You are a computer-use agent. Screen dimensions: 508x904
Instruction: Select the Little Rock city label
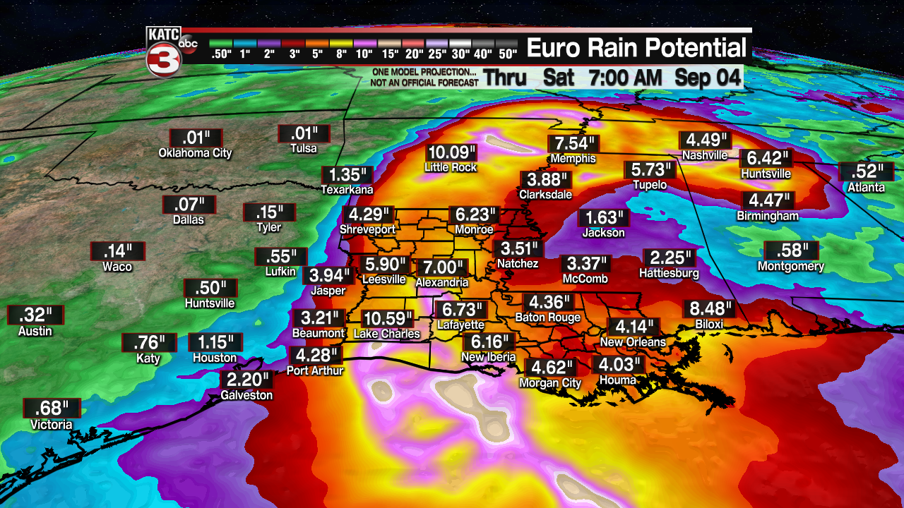pyautogui.click(x=451, y=167)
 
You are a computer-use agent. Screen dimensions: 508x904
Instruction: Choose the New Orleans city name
pyautogui.click(x=633, y=342)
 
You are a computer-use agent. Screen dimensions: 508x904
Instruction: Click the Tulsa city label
pyautogui.click(x=304, y=149)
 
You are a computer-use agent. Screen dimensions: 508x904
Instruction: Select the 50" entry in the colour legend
pyautogui.click(x=508, y=54)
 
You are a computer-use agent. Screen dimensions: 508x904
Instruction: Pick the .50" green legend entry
pyautogui.click(x=221, y=54)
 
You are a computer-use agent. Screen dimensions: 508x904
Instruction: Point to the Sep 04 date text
pyautogui.click(x=708, y=77)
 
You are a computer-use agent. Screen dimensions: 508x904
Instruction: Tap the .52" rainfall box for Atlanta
pyautogui.click(x=867, y=171)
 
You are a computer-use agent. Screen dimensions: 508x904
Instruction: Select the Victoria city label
pyautogui.click(x=51, y=425)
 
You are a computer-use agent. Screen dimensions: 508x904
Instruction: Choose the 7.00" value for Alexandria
pyautogui.click(x=442, y=268)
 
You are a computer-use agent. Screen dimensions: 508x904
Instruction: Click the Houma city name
pyautogui.click(x=617, y=380)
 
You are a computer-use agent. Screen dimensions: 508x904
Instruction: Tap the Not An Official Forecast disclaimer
pyautogui.click(x=424, y=82)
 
